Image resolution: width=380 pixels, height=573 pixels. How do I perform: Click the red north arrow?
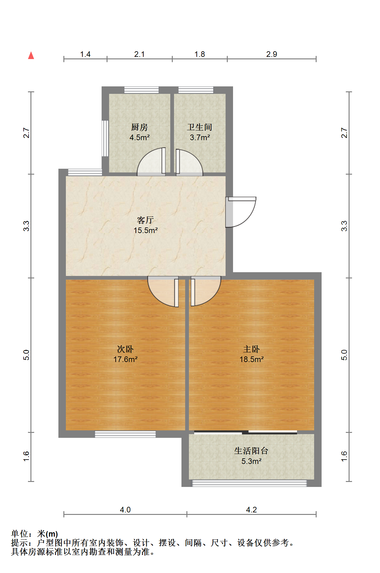[x=31, y=56]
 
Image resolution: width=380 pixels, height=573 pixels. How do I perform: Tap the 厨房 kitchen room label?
[x=140, y=127]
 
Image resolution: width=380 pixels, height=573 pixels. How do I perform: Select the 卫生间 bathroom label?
[x=199, y=127]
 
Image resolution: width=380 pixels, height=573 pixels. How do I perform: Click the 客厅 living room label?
[x=145, y=220]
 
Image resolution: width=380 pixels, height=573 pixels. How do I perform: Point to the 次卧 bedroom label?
[x=125, y=349]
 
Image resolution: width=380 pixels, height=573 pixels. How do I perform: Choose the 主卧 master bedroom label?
[x=251, y=349]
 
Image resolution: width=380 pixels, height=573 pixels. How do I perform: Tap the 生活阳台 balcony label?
[x=251, y=451]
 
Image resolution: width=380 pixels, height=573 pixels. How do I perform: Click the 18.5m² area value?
[x=251, y=360]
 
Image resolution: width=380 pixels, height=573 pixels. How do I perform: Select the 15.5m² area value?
[x=145, y=231]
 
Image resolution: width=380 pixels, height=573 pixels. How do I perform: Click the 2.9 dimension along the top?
[x=272, y=54]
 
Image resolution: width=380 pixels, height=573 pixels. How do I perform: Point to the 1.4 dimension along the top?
[x=85, y=54]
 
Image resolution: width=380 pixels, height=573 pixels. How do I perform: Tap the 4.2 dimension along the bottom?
[x=251, y=510]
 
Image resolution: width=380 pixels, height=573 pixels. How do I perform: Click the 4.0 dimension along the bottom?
[x=125, y=510]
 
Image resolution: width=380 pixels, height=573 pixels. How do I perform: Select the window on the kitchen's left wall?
[x=105, y=138]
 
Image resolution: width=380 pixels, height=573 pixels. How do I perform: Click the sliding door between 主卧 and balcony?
[x=245, y=432]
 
